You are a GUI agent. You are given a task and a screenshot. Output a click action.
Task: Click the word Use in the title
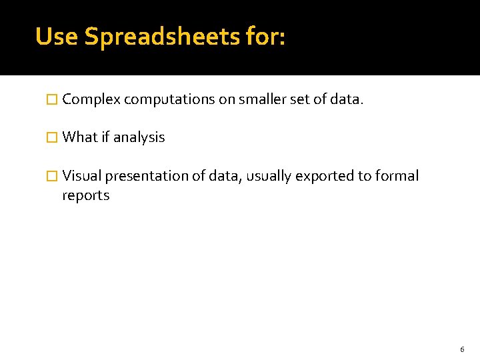57,37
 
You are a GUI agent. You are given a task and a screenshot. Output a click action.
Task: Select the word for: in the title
265,37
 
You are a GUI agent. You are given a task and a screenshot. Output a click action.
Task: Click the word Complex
91,100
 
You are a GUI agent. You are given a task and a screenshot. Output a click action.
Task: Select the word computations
169,100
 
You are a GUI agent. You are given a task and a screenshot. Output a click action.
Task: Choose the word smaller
255,100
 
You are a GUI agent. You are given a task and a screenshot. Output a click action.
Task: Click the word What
80,137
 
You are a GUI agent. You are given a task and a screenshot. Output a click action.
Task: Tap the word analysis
139,137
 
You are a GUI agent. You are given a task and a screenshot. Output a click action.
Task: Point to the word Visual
82,176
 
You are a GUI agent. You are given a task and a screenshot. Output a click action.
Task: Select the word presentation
146,176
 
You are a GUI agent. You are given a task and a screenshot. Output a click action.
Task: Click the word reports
86,195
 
